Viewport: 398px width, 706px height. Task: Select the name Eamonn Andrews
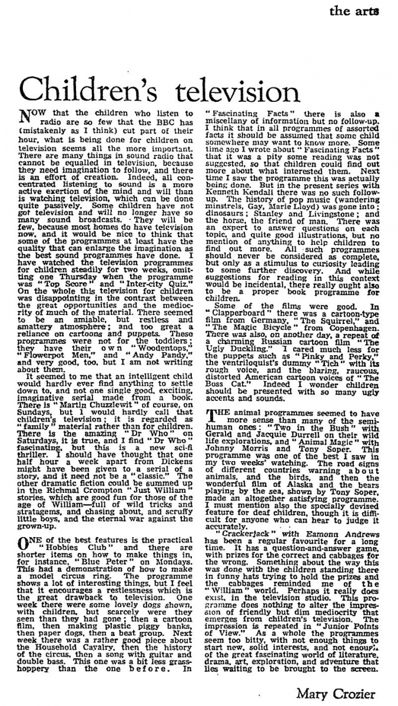tap(291, 542)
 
